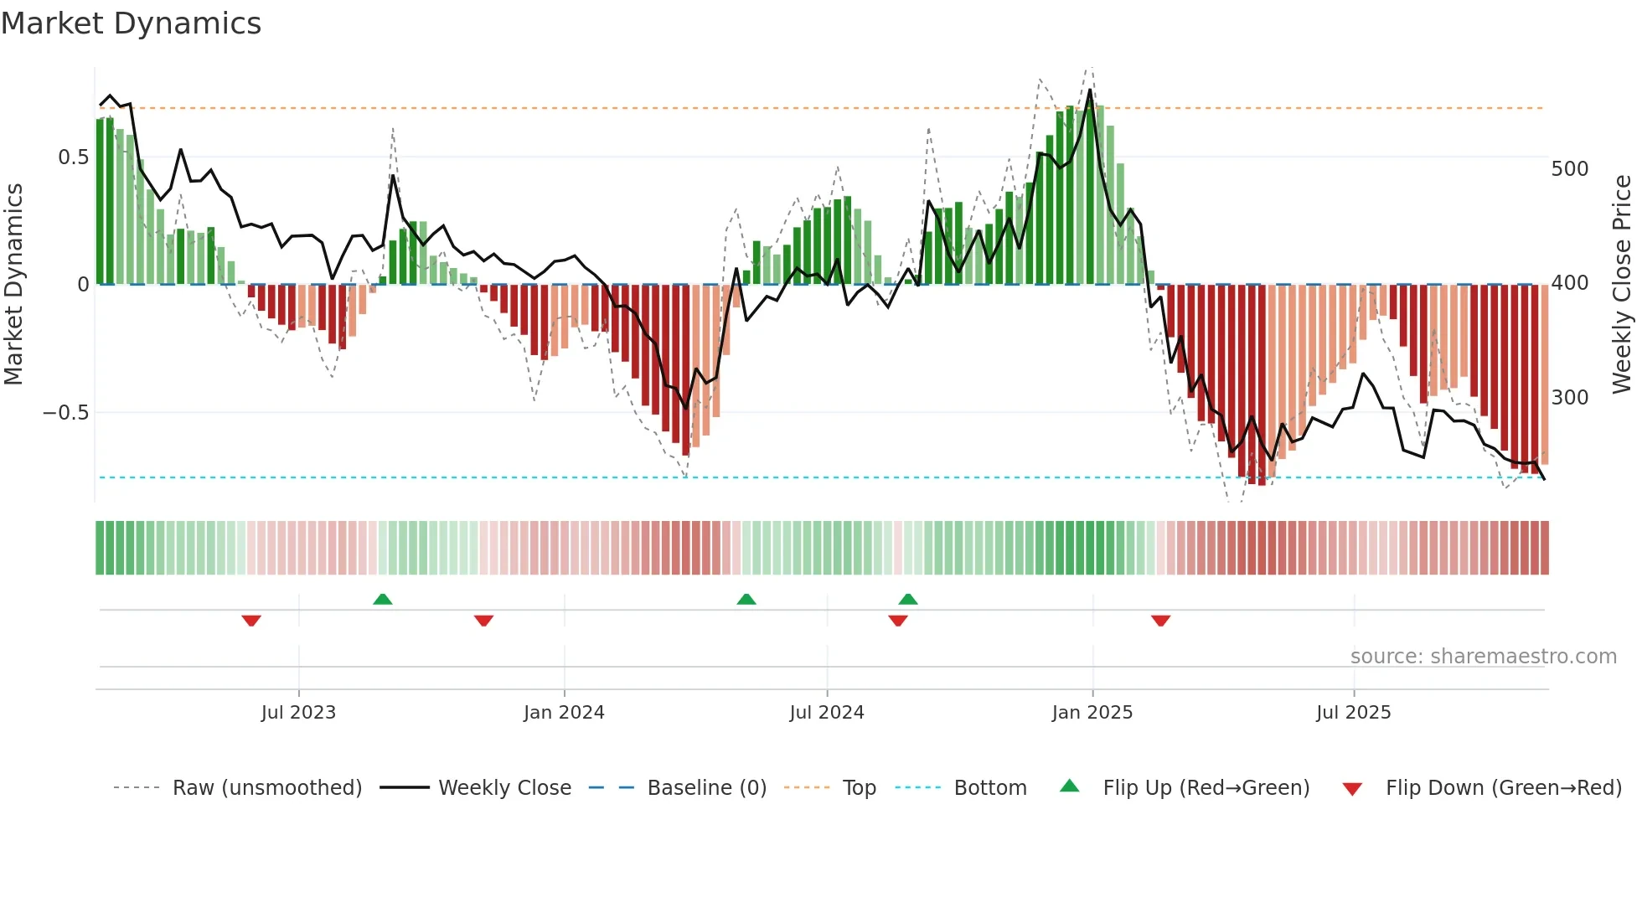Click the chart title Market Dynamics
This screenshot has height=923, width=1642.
[132, 23]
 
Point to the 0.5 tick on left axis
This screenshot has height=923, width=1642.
[73, 157]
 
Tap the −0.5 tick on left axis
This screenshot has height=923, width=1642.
[65, 413]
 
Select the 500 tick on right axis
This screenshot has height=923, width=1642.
[1569, 169]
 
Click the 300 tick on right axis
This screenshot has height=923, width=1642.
[1569, 398]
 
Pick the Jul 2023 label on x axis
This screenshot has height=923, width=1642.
[298, 713]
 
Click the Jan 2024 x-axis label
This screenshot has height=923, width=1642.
[564, 713]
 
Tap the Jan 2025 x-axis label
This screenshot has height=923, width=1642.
[1092, 713]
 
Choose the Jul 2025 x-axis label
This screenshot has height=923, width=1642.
[1353, 713]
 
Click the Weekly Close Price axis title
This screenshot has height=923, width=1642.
[1622, 285]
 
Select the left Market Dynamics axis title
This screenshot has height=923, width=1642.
[13, 285]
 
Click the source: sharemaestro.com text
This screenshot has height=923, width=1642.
[1483, 657]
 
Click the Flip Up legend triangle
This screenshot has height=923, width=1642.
[1070, 786]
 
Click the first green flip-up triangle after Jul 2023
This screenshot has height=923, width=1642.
[382, 599]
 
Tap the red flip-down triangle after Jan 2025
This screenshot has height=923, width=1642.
[1160, 621]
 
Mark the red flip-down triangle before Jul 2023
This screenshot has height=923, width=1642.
[251, 621]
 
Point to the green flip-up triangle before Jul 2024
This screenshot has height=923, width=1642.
[746, 599]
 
